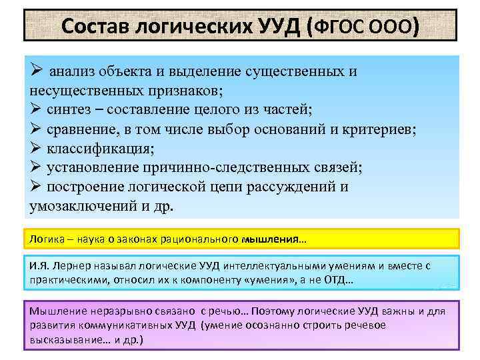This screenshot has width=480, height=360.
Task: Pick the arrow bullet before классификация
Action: [37, 149]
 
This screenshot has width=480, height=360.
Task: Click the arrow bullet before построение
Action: [37, 187]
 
